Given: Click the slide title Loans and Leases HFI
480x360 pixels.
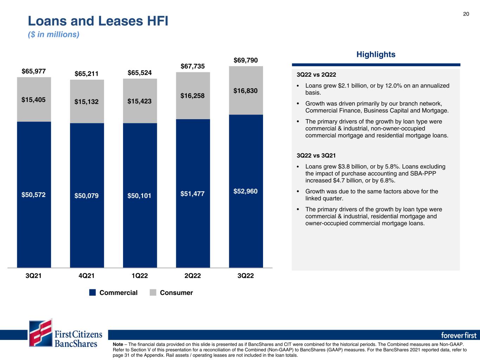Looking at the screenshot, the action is pyautogui.click(x=98, y=21).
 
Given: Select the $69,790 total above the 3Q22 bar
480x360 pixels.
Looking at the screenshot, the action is pyautogui.click(x=245, y=60).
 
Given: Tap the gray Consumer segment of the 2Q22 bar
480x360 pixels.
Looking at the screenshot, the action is pyautogui.click(x=193, y=96).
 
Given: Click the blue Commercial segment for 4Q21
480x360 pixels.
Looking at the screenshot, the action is pyautogui.click(x=87, y=195).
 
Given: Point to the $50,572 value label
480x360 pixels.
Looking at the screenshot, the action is pyautogui.click(x=33, y=194).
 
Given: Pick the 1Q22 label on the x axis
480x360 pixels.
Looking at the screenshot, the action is pyautogui.click(x=140, y=276).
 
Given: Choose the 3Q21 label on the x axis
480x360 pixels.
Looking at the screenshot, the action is pyautogui.click(x=33, y=276).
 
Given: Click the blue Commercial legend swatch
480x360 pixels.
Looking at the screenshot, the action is pyautogui.click(x=92, y=292).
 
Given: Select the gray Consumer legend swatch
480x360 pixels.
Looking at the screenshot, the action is pyautogui.click(x=153, y=292).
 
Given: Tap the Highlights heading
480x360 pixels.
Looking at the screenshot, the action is pyautogui.click(x=376, y=54).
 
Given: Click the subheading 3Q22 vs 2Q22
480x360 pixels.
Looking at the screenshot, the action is pyautogui.click(x=316, y=75).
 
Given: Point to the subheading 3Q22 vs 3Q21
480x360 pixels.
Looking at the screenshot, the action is pyautogui.click(x=316, y=155).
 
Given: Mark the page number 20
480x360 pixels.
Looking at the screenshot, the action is pyautogui.click(x=466, y=14).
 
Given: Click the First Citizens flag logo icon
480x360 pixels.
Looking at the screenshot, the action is pyautogui.click(x=41, y=333).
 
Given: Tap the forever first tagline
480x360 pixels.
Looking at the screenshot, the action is pyautogui.click(x=459, y=335).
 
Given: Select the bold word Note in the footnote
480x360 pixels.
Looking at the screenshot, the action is pyautogui.click(x=118, y=344).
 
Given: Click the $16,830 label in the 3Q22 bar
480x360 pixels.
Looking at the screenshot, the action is pyautogui.click(x=245, y=91).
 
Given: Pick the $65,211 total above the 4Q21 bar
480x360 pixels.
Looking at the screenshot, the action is pyautogui.click(x=87, y=74).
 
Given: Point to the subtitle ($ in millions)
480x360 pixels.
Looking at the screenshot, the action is pyautogui.click(x=53, y=34).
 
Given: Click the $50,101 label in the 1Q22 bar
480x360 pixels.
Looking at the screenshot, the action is pyautogui.click(x=139, y=195).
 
